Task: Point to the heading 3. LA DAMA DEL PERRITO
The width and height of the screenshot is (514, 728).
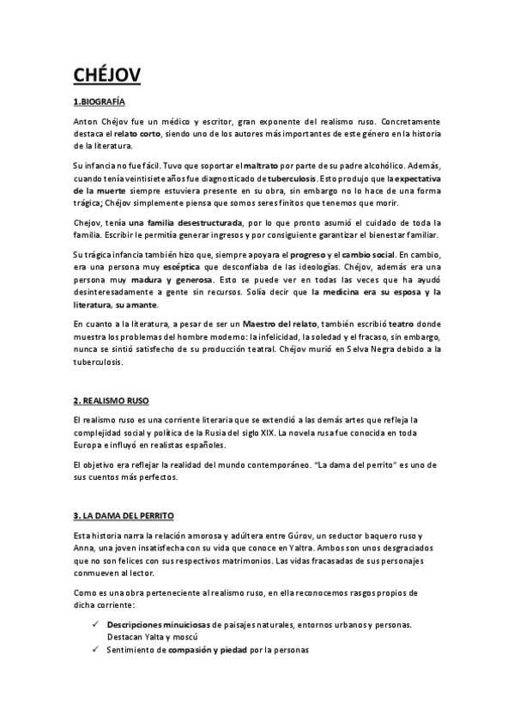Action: (x=124, y=515)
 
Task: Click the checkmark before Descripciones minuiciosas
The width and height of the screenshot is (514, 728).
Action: (x=94, y=625)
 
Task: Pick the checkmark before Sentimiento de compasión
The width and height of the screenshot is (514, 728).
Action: (x=94, y=649)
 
